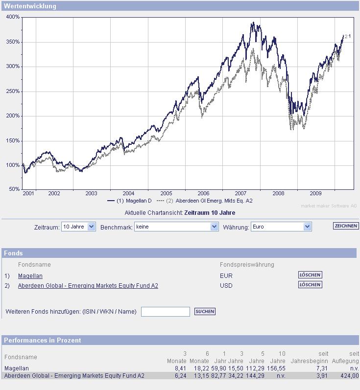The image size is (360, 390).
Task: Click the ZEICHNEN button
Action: pos(346,226)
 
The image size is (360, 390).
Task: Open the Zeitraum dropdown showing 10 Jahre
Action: pos(78,227)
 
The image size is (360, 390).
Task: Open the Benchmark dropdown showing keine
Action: pos(176,227)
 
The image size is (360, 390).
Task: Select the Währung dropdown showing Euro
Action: pos(281,227)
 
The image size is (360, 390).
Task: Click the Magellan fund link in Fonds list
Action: pos(30,276)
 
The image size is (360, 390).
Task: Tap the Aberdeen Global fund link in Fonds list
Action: pos(88,286)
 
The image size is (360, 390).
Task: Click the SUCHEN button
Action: pos(205,312)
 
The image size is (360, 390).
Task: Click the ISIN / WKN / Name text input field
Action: pos(165,312)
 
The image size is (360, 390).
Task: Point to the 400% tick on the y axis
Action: pos(13,17)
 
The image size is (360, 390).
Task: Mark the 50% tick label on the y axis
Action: pos(14,189)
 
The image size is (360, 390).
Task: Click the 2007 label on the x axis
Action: pos(240,193)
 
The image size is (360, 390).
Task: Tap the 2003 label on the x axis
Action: pos(92,193)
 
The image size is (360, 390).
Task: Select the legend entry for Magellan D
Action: pos(130,201)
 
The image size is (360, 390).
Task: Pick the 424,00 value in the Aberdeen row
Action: pos(350,376)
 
